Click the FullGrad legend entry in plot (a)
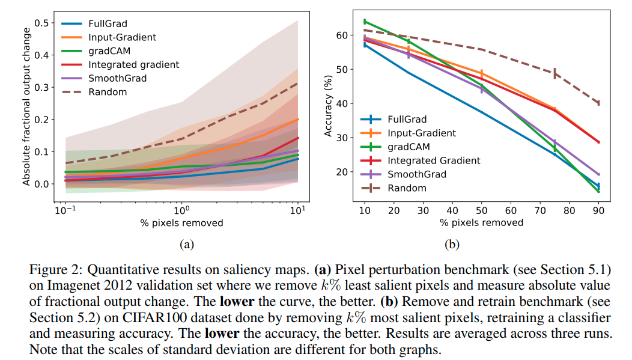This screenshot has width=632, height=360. (106, 23)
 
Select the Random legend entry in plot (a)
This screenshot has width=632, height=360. (105, 92)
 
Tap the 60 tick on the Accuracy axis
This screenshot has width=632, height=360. (340, 35)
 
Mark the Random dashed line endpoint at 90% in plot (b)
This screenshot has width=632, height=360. (599, 103)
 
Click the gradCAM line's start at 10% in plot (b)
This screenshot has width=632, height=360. (365, 22)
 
